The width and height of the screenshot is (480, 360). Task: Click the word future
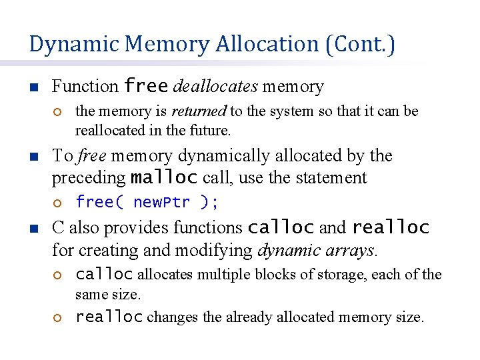pyautogui.click(x=211, y=130)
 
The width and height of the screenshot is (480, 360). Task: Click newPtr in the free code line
pyautogui.click(x=162, y=202)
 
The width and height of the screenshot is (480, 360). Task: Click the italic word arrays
pyautogui.click(x=355, y=251)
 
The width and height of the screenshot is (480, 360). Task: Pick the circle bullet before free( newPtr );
pyautogui.click(x=58, y=203)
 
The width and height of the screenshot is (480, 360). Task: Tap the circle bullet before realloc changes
pyautogui.click(x=58, y=318)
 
